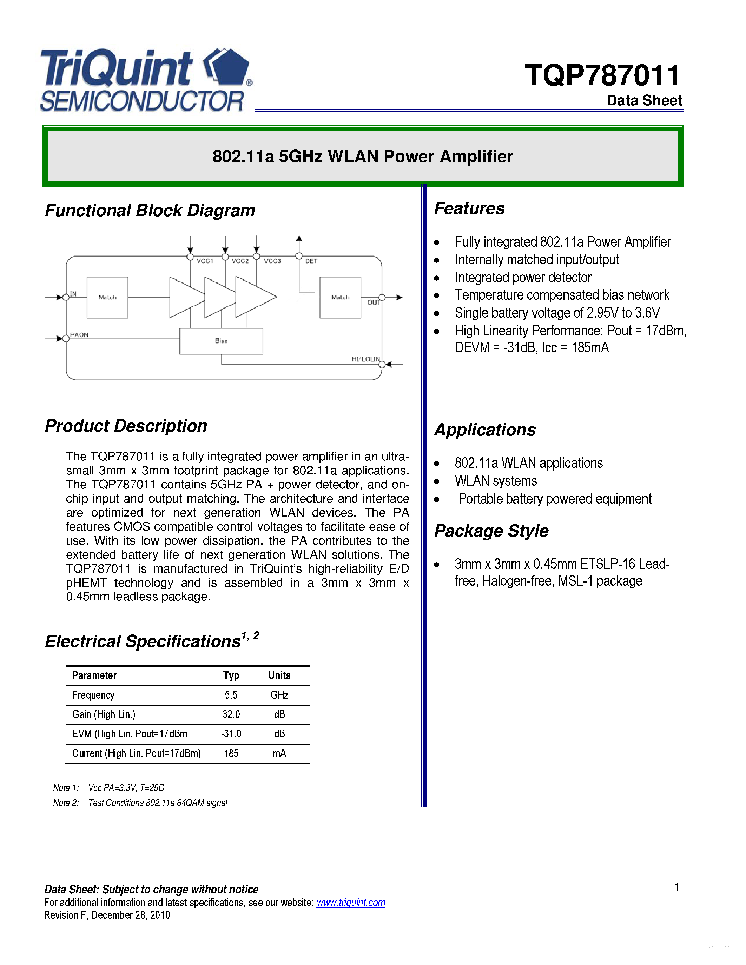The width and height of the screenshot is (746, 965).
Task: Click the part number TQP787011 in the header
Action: [x=602, y=75]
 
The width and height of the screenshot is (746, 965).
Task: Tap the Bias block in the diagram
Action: [x=221, y=341]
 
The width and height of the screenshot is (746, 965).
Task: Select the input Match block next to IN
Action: [x=107, y=297]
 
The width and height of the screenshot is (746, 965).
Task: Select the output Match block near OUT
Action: [x=340, y=297]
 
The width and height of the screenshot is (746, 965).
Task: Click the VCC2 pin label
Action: [x=240, y=261]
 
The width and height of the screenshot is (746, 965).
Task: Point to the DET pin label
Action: [x=311, y=261]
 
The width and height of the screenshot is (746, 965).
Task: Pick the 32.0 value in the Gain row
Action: [x=231, y=714]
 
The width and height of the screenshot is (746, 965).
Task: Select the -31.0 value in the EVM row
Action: [x=231, y=734]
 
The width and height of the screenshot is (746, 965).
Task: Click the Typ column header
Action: [x=231, y=675]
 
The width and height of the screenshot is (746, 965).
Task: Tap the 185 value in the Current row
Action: [x=231, y=753]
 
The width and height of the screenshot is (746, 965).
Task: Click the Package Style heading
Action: [x=491, y=531]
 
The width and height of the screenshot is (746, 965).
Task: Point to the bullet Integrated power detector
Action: [x=523, y=278]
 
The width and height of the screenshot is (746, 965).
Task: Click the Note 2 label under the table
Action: [x=65, y=803]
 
